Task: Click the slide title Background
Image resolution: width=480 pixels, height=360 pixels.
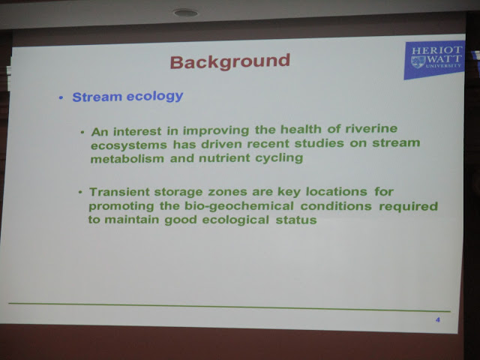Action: click(230, 61)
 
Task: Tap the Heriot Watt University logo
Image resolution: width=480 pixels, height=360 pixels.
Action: click(434, 59)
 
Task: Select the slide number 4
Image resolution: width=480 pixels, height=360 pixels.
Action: click(438, 320)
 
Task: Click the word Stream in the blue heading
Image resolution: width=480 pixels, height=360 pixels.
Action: click(97, 97)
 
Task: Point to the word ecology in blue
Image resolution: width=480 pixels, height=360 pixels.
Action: click(155, 97)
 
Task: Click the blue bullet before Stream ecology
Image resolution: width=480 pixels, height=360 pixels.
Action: click(61, 98)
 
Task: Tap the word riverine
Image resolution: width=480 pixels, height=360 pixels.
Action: click(371, 129)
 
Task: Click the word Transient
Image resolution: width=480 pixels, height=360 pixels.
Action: click(119, 192)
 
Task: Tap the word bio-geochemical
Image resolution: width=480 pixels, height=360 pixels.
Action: click(239, 206)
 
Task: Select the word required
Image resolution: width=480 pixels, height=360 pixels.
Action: click(408, 207)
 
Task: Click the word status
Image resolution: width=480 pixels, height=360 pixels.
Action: click(296, 220)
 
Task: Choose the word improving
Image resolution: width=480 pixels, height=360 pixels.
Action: click(216, 131)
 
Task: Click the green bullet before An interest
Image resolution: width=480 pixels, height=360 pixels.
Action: click(82, 133)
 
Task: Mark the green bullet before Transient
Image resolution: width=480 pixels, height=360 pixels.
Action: click(80, 193)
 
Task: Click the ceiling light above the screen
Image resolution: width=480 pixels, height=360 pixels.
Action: click(185, 13)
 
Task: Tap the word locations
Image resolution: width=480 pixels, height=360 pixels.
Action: click(337, 192)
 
